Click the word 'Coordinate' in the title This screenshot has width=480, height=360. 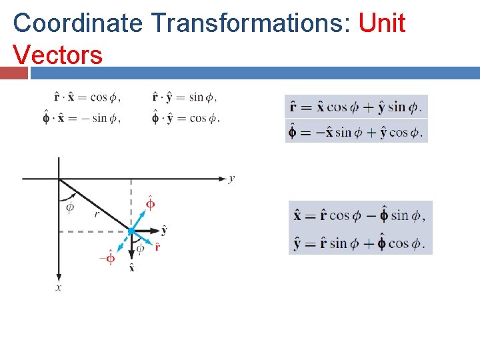pos(77,23)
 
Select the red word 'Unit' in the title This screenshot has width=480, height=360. pos(381,23)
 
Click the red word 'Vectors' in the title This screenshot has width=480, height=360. pos(57,54)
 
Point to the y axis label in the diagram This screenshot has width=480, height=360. pos(231,178)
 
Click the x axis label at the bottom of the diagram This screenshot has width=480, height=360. pos(59,287)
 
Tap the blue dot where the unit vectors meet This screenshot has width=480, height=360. pos(131,231)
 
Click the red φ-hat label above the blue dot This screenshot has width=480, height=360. pos(150,203)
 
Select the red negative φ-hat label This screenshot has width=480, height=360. pos(107,257)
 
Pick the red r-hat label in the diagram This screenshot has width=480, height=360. pos(157,247)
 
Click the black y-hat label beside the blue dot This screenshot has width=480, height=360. pos(164,230)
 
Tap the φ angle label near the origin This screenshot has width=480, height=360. pos(70,207)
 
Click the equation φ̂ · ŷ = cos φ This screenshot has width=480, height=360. pos(185,119)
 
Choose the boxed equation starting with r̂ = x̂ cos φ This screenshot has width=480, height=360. pos(355,107)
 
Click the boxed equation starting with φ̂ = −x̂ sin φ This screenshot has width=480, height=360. pos(355,131)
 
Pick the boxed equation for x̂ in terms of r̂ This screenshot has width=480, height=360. pos(359,215)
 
